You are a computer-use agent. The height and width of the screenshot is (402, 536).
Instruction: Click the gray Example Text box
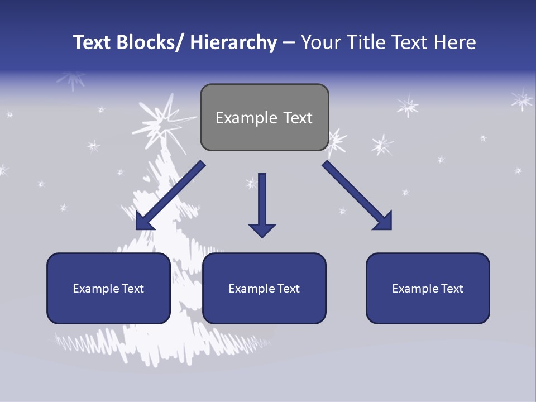tap(264, 117)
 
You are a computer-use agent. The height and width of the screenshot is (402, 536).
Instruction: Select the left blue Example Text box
tap(108, 288)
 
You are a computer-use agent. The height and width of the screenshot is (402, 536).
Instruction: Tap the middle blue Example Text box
tap(264, 288)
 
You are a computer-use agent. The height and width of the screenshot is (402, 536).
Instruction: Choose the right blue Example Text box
tap(428, 288)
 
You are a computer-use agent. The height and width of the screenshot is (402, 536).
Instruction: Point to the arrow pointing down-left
tap(170, 195)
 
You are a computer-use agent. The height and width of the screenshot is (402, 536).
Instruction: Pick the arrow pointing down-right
tap(357, 195)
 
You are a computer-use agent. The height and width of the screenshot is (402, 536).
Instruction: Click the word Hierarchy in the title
tap(233, 42)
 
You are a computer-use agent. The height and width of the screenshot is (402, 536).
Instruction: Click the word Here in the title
tap(454, 42)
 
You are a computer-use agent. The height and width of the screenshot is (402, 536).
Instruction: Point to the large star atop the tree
tap(162, 120)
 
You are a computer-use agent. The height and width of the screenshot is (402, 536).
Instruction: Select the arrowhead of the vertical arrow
tap(262, 229)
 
